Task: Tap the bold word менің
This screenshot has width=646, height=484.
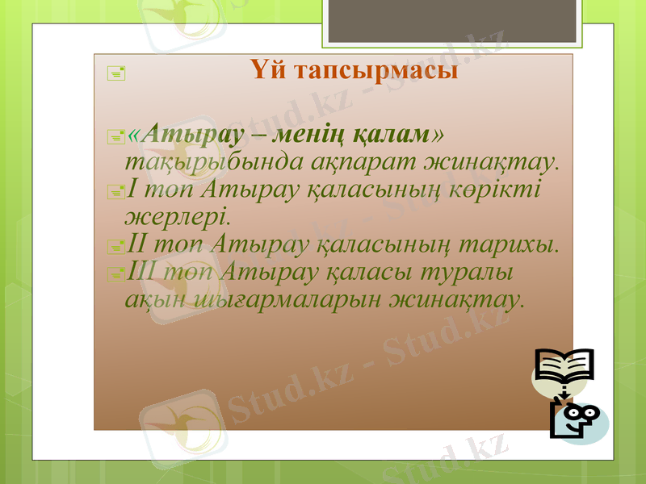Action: click(313, 133)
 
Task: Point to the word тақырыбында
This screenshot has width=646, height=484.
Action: click(213, 161)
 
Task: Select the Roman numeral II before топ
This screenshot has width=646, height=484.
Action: click(138, 244)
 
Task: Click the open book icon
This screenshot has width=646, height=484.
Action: click(564, 369)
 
